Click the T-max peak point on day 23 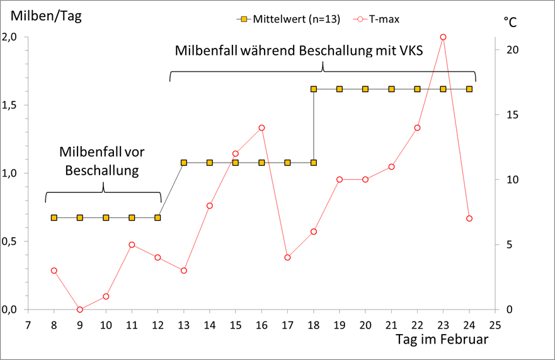tap(443, 37)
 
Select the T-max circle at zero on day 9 tap(80, 310)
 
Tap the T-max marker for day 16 tap(261, 128)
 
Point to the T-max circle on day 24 tap(469, 219)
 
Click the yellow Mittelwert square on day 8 tap(54, 218)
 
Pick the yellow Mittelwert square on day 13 tap(184, 163)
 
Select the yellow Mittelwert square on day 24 tap(469, 89)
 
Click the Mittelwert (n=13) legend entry tap(287, 19)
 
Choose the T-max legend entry tap(379, 19)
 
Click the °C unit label tap(510, 21)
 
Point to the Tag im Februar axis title tap(442, 339)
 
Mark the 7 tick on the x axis tap(28, 325)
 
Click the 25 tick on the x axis tap(495, 325)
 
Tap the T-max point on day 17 tap(287, 257)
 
